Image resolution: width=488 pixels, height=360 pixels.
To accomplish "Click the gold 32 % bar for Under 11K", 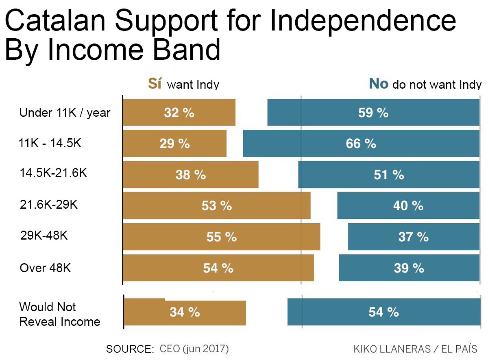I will coord(179,112).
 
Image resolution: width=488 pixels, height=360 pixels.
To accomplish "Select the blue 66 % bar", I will coord(361,143).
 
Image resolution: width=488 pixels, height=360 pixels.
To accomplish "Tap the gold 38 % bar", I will coord(190,175).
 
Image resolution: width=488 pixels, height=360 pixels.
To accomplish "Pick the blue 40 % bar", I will coord(408,206).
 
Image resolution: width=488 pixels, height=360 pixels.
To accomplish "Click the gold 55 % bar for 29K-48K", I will coord(221,237).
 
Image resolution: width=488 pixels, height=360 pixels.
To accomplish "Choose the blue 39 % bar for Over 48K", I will coord(409,268).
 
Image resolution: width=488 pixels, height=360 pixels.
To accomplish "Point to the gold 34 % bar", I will coord(185,312).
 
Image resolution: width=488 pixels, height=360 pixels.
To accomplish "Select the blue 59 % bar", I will coord(373,112).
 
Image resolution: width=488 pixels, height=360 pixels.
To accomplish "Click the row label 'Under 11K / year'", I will coord(65,113).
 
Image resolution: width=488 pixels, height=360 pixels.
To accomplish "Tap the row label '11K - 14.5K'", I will coord(50,143).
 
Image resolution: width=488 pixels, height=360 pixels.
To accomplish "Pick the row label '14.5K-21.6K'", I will coord(53,173).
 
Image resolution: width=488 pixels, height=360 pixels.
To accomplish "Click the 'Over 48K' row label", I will coord(46,268).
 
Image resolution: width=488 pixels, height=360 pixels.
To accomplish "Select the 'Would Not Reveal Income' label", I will coord(59,314).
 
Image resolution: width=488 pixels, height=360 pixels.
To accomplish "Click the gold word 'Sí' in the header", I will coord(155,83).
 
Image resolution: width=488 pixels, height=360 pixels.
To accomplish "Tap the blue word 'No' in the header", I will coord(378,83).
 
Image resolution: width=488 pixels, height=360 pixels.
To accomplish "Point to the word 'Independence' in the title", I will coord(362,21).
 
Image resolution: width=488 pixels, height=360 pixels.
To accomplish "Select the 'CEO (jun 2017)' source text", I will coord(194,349).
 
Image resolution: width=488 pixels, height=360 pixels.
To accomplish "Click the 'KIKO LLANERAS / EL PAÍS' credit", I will coord(415,349).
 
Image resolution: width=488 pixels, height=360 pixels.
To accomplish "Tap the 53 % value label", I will coord(217,206).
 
